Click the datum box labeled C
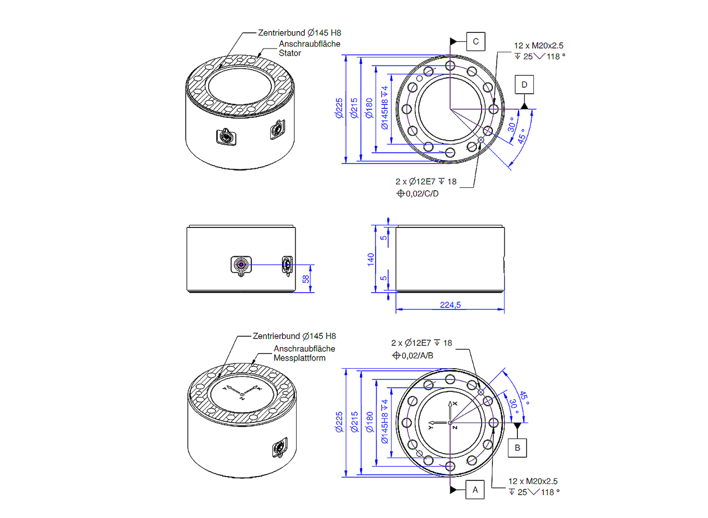[x=475, y=41]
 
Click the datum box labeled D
[x=524, y=85]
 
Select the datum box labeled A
[x=475, y=490]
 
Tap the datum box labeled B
[x=517, y=448]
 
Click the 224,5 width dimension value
[x=450, y=305]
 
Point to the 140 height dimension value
[x=371, y=259]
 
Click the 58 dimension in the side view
[x=306, y=279]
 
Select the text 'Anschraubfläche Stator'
[x=309, y=49]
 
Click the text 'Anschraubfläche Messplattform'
[x=304, y=353]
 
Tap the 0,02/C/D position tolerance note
[x=418, y=194]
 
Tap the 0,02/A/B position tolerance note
[x=413, y=356]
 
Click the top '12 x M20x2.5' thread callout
[x=539, y=46]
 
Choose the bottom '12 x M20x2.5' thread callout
[x=533, y=481]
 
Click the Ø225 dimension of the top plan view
[x=339, y=108]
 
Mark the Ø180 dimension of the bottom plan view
[x=370, y=422]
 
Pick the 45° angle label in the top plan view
[x=522, y=136]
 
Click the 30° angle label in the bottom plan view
[x=514, y=405]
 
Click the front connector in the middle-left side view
[x=241, y=266]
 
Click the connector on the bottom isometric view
[x=280, y=447]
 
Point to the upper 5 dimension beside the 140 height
[x=384, y=237]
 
